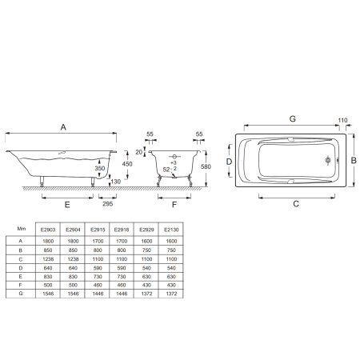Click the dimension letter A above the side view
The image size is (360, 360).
coord(63,127)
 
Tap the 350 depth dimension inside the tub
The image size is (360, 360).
coord(100,168)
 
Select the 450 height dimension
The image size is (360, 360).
coord(127,164)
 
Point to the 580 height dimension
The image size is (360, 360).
coord(206,166)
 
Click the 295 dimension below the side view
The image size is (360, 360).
coord(108,204)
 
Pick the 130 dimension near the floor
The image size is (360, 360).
coord(116,182)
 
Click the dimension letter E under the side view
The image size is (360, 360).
coord(67,205)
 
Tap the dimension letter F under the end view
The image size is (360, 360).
coord(174,205)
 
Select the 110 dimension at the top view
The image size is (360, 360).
coord(342,120)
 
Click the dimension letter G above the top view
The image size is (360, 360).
coord(293,118)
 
